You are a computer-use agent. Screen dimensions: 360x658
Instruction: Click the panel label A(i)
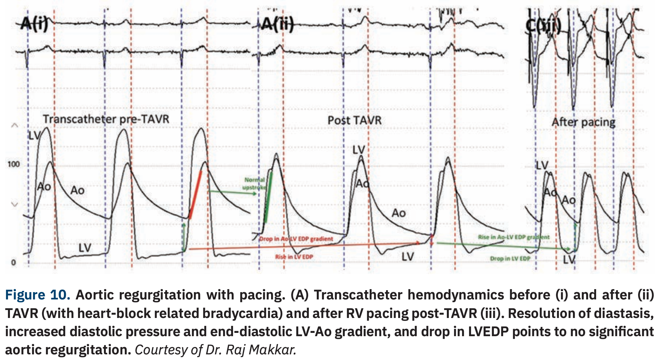(34, 24)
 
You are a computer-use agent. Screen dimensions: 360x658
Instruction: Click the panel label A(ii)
(277, 24)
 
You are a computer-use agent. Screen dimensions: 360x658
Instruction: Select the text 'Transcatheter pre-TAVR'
(106, 119)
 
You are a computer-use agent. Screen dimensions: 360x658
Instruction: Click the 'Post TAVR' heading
(354, 120)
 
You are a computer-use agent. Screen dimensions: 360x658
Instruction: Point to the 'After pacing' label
(583, 122)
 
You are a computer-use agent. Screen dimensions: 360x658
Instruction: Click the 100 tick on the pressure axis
(14, 164)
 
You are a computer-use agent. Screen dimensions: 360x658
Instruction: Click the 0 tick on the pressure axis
(13, 263)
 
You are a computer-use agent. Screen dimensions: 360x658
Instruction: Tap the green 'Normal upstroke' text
(254, 184)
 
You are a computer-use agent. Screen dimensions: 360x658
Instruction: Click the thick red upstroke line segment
(195, 195)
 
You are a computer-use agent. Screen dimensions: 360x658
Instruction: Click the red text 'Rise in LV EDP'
(294, 257)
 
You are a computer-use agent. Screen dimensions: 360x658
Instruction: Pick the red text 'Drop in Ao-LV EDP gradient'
(296, 239)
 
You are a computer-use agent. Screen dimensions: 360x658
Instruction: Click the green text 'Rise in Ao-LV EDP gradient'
(513, 237)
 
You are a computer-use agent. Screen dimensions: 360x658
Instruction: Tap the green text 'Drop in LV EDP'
(510, 258)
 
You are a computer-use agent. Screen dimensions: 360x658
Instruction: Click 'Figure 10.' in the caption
(37, 295)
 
